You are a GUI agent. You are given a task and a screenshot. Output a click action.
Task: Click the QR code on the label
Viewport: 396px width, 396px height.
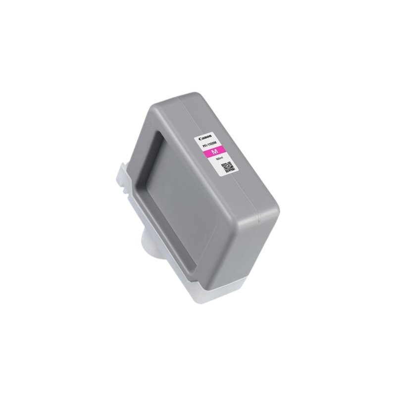tap(227, 169)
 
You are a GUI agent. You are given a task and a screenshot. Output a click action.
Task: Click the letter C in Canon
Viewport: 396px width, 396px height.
tap(201, 139)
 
